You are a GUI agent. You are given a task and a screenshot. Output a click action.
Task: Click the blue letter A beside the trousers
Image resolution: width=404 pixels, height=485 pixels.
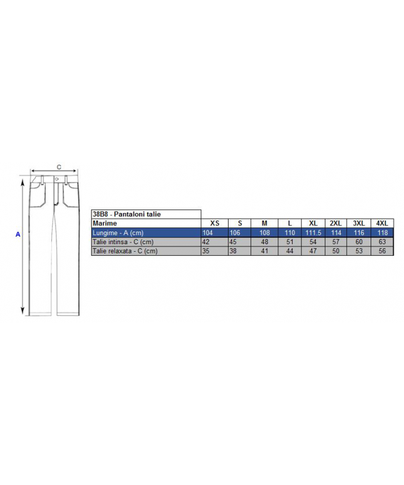(x=18, y=234)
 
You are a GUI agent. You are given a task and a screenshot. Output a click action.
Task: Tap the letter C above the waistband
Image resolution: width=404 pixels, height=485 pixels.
(x=59, y=167)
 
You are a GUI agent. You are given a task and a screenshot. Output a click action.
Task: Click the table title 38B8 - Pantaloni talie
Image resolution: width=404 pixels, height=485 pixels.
(x=127, y=214)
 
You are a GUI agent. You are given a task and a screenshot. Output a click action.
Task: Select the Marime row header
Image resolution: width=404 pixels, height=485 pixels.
(x=105, y=223)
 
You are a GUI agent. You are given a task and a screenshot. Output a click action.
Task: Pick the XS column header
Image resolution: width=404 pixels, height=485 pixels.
(x=214, y=223)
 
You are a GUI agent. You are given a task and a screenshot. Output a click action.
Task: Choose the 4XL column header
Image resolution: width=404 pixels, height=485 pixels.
(x=382, y=223)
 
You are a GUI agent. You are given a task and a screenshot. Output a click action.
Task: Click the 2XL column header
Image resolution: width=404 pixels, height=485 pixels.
(x=336, y=223)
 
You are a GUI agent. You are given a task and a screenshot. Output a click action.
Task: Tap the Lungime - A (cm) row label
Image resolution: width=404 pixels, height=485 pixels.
(x=118, y=232)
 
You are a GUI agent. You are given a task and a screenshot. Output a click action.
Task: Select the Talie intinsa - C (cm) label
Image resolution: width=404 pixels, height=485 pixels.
(x=123, y=242)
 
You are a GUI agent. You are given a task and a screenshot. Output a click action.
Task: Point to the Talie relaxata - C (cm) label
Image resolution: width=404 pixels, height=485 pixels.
(x=125, y=251)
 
